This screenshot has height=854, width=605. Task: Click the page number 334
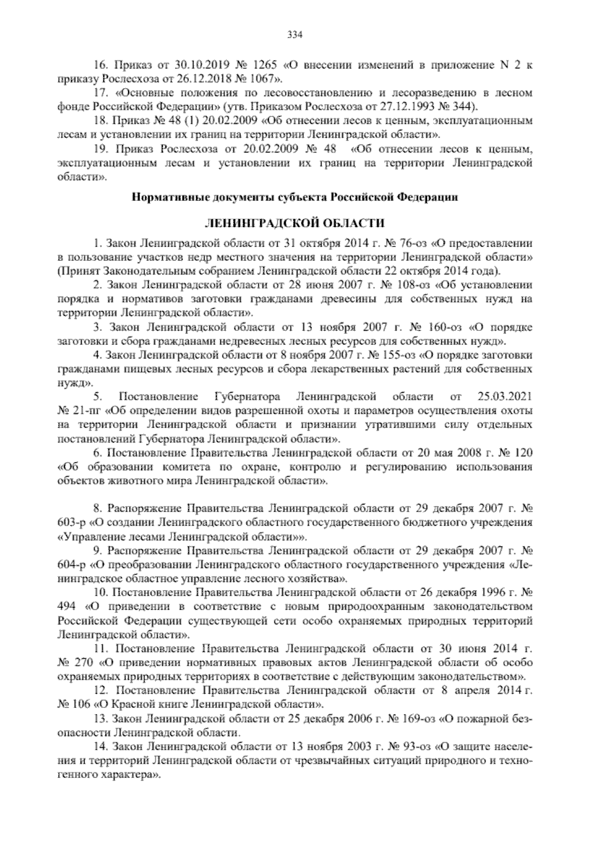294,35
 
